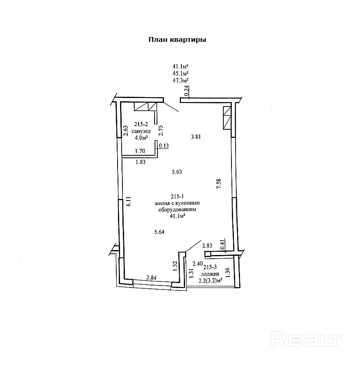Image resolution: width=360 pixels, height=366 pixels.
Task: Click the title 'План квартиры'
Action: [x=177, y=40]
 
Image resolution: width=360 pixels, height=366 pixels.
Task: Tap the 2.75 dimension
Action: [x=161, y=130]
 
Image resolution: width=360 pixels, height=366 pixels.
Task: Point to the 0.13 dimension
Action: [x=164, y=146]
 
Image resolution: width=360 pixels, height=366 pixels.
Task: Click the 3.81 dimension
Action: [x=196, y=137]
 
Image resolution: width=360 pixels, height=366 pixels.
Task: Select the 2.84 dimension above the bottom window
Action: [x=151, y=278]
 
